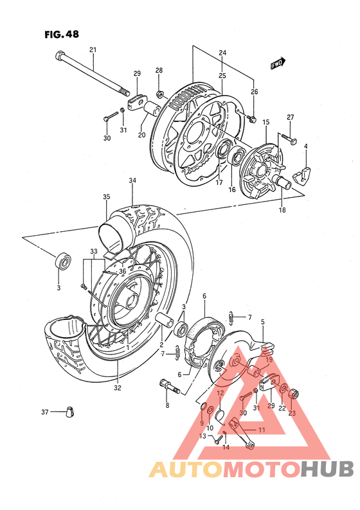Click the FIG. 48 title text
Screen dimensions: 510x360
click(x=62, y=35)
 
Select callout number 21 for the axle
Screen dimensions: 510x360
click(x=93, y=49)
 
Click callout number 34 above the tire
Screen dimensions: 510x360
click(x=132, y=181)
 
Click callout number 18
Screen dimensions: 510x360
click(x=282, y=209)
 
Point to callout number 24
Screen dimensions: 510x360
click(x=222, y=52)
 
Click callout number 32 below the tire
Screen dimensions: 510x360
click(x=118, y=387)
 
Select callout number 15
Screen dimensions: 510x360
click(x=265, y=121)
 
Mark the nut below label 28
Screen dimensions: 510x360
click(x=160, y=85)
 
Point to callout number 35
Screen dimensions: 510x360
click(x=106, y=197)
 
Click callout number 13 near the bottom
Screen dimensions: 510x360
click(x=203, y=436)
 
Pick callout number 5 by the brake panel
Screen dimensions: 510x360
click(x=262, y=321)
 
